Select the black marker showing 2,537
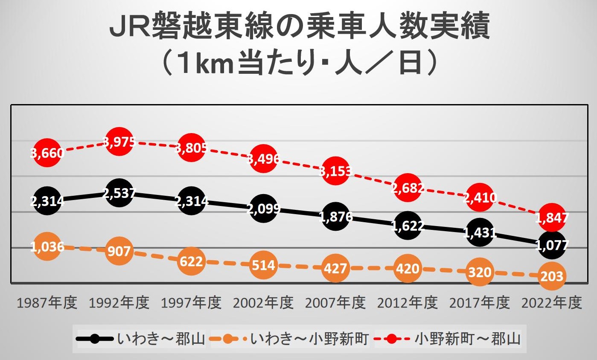119,193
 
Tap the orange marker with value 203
552,276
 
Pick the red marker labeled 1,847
552,218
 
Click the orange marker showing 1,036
47,247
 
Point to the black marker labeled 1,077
552,245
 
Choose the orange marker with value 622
191,261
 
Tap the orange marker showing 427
335,268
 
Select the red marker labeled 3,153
335,171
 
